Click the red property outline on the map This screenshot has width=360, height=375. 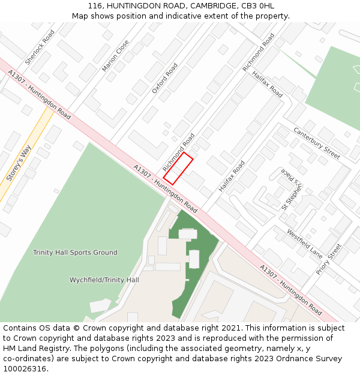(x=178, y=169)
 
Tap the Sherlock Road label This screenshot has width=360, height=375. (x=40, y=47)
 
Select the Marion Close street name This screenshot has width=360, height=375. (x=116, y=56)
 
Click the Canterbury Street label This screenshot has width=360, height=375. (x=317, y=143)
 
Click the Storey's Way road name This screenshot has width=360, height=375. (x=18, y=164)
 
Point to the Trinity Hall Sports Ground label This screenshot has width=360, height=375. (x=75, y=253)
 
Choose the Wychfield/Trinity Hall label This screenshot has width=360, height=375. (x=104, y=280)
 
